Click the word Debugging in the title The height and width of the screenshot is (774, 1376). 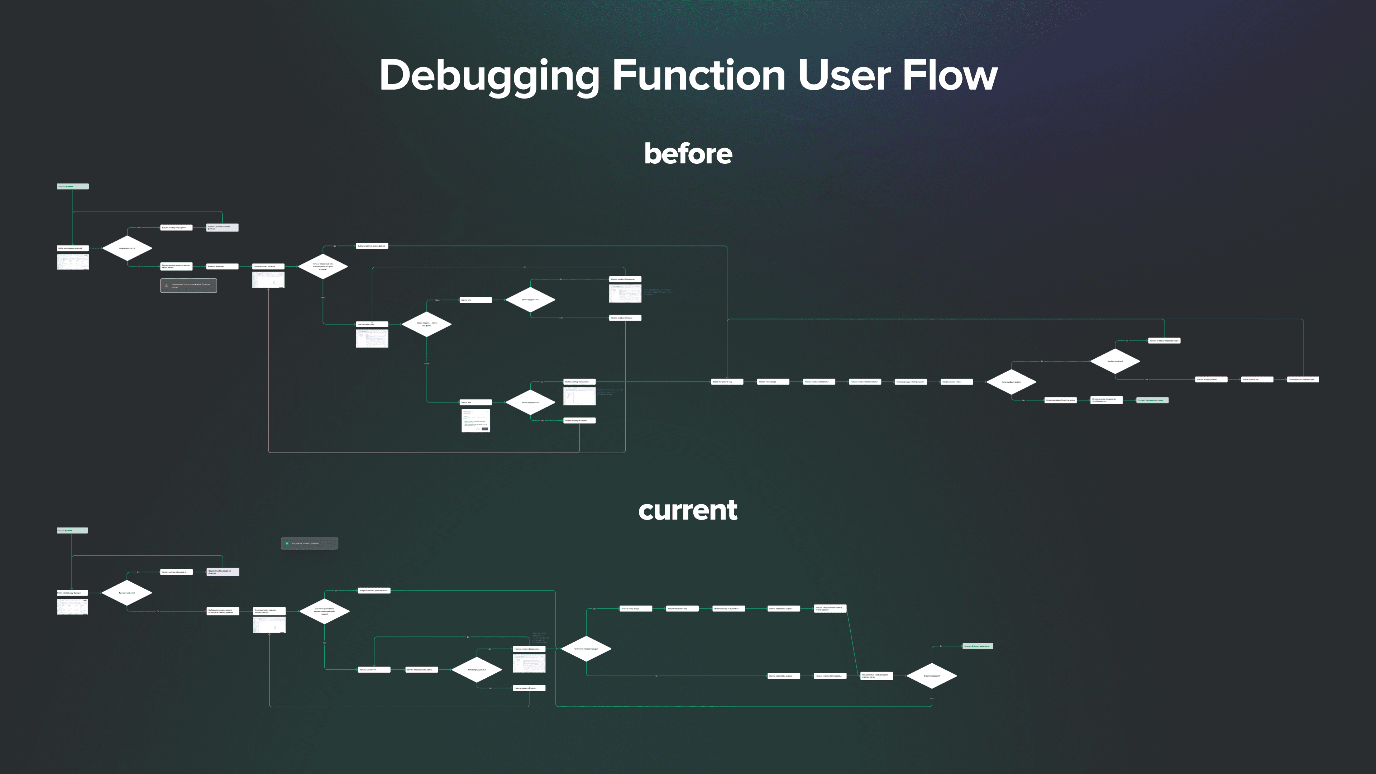pyautogui.click(x=489, y=76)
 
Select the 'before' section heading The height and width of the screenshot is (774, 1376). pyautogui.click(x=688, y=154)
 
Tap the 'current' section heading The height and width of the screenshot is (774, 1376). pyautogui.click(x=688, y=510)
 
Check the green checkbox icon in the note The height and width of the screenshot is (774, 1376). pyautogui.click(x=287, y=543)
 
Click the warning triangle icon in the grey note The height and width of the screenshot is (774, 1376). pyautogui.click(x=167, y=285)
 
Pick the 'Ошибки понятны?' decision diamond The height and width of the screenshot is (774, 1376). pyautogui.click(x=1115, y=362)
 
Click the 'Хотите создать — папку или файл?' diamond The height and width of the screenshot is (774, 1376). pyautogui.click(x=426, y=324)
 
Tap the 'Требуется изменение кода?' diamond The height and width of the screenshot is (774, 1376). pyautogui.click(x=586, y=649)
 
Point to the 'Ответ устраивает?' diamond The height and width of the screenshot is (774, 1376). pyautogui.click(x=932, y=676)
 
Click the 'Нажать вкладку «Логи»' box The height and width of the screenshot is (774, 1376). pyautogui.click(x=1211, y=379)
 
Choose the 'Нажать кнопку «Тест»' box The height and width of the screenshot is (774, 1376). pyautogui.click(x=956, y=382)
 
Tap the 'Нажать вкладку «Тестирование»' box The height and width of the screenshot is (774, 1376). pyautogui.click(x=911, y=382)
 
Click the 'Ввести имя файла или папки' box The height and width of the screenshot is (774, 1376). pyautogui.click(x=421, y=669)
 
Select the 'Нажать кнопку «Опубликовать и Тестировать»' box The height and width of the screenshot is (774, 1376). pyautogui.click(x=830, y=608)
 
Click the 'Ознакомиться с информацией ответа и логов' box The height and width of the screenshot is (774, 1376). pyautogui.click(x=876, y=676)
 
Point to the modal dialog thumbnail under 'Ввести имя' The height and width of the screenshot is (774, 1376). pyautogui.click(x=476, y=420)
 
